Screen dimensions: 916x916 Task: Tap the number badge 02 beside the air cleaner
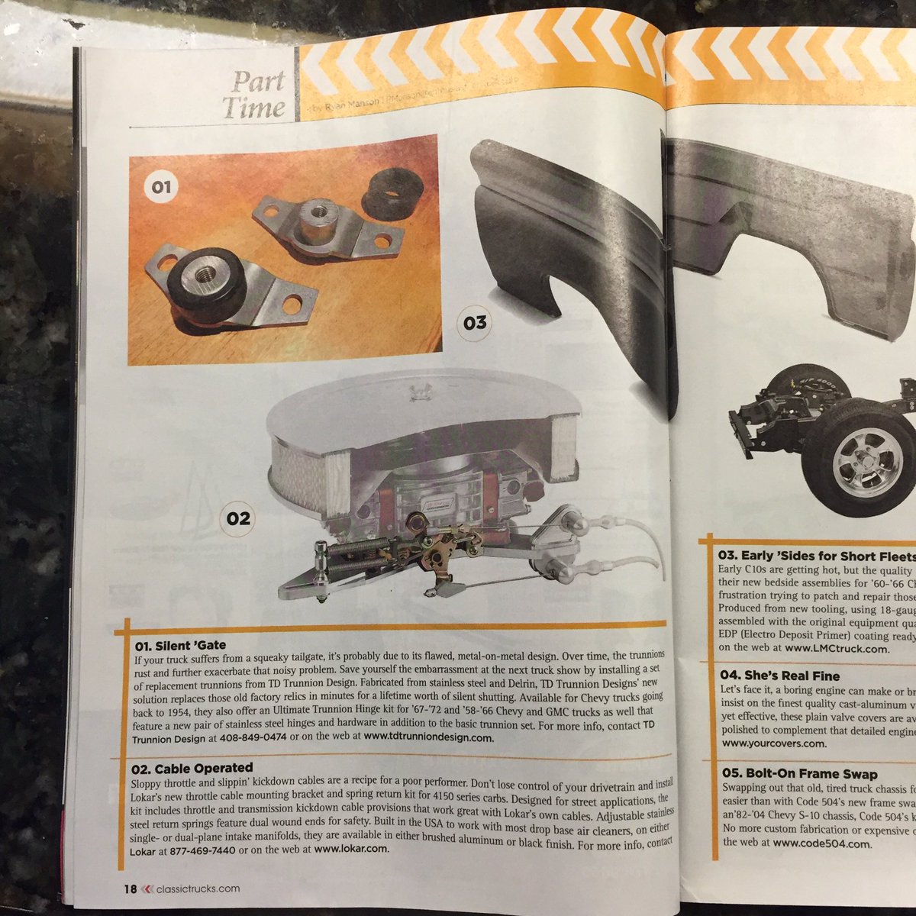(238, 518)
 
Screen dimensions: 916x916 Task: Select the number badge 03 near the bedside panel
(474, 322)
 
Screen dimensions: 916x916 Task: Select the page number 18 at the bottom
(130, 887)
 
